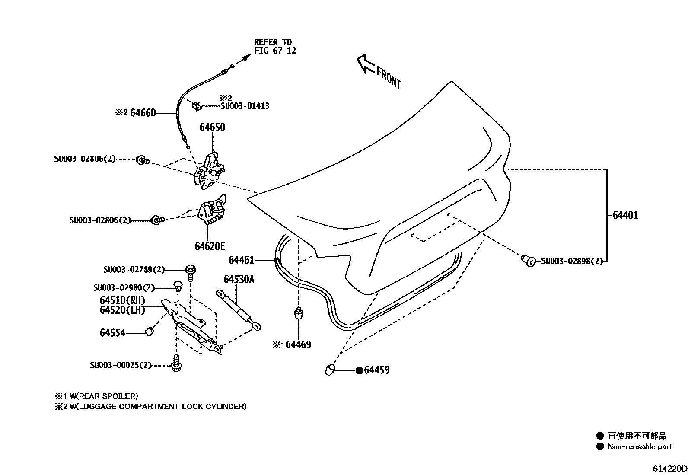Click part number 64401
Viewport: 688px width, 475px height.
pyautogui.click(x=625, y=215)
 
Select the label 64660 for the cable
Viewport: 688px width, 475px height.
pyautogui.click(x=143, y=113)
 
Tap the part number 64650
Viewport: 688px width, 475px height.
pyautogui.click(x=212, y=128)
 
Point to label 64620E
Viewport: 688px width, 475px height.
pyautogui.click(x=210, y=246)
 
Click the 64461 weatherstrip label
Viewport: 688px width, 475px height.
pyautogui.click(x=241, y=260)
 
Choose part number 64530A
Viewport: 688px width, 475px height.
pyautogui.click(x=239, y=279)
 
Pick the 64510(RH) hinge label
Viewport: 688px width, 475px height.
pyautogui.click(x=122, y=300)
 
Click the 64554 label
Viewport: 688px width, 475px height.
pyautogui.click(x=112, y=333)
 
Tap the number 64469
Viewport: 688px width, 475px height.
pyautogui.click(x=298, y=345)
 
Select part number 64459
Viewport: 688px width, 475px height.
pyautogui.click(x=376, y=370)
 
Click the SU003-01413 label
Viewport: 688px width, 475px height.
pyautogui.click(x=245, y=106)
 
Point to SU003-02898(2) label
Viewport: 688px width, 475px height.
pyautogui.click(x=571, y=261)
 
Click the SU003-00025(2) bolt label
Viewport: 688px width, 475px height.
pyautogui.click(x=121, y=365)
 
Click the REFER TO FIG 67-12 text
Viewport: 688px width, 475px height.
pyautogui.click(x=275, y=46)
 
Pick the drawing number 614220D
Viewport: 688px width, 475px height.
pyautogui.click(x=669, y=469)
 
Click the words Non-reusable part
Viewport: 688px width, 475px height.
pyautogui.click(x=640, y=447)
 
